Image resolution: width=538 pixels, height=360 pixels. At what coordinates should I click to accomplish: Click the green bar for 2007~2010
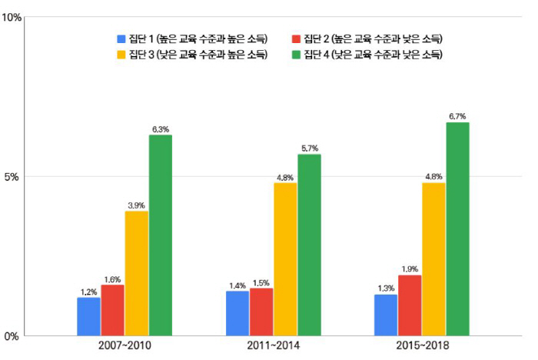click(161, 235)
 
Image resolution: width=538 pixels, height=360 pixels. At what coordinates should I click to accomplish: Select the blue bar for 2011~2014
click(237, 313)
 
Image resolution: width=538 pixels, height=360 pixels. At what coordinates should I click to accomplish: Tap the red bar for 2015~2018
click(409, 305)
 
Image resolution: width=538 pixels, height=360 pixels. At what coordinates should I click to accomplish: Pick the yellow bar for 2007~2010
click(137, 273)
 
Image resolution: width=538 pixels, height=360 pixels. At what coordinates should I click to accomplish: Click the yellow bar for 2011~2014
click(285, 259)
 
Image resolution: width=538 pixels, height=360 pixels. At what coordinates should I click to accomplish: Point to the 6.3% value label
click(161, 129)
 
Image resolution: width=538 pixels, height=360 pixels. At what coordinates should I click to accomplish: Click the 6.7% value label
click(457, 116)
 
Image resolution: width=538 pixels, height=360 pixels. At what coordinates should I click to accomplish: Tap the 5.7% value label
click(309, 148)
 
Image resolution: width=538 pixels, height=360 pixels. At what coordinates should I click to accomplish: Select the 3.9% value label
click(137, 205)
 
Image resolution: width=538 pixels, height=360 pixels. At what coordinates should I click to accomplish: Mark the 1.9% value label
click(409, 269)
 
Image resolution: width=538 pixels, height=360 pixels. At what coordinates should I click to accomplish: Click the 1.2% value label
click(88, 292)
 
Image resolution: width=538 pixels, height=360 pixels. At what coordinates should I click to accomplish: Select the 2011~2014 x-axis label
click(273, 347)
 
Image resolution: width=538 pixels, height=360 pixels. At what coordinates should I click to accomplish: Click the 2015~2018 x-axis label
click(421, 347)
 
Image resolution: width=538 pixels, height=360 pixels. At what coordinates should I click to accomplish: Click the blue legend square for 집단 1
click(121, 38)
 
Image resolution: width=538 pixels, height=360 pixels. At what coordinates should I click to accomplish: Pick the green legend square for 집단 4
click(296, 54)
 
